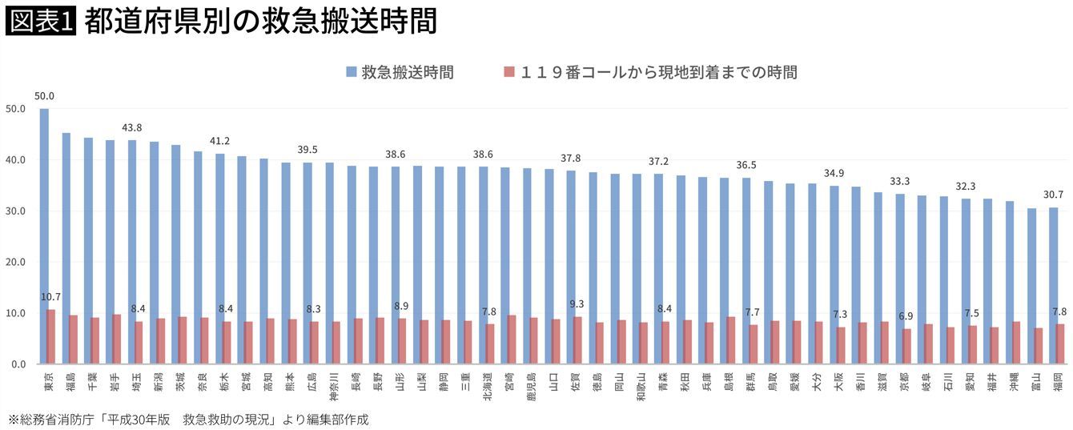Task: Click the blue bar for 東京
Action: (x=44, y=236)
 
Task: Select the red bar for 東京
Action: (x=51, y=337)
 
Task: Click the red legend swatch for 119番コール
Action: (x=509, y=72)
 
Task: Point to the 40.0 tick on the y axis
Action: (x=15, y=160)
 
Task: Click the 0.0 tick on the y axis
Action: (x=18, y=364)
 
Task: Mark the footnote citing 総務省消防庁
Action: (x=188, y=419)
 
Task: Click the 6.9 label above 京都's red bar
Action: (x=906, y=317)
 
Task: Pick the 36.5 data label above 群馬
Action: (x=746, y=166)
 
